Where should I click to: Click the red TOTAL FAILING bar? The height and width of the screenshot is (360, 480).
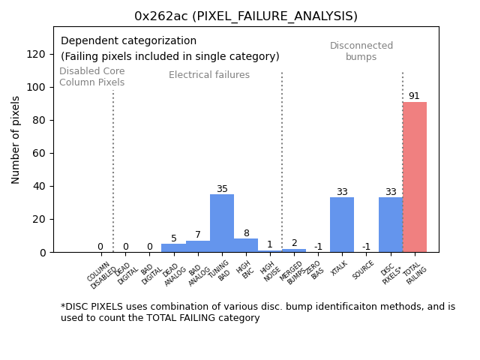pyautogui.click(x=415, y=177)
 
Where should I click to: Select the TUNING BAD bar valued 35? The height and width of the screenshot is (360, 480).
pyautogui.click(x=222, y=223)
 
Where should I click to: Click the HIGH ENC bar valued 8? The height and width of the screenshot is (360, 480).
pyautogui.click(x=246, y=245)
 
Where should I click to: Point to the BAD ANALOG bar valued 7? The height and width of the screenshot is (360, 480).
pyautogui.click(x=198, y=247)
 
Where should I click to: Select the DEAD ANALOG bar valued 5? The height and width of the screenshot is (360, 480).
pyautogui.click(x=173, y=248)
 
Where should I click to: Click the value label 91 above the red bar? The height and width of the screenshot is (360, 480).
pyautogui.click(x=414, y=96)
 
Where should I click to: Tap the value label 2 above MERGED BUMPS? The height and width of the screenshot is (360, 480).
pyautogui.click(x=294, y=243)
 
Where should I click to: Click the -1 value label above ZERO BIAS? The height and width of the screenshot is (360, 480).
pyautogui.click(x=318, y=247)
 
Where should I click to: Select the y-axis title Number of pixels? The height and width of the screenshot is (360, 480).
pyautogui.click(x=16, y=139)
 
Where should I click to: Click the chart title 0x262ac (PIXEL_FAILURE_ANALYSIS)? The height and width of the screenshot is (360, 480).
pyautogui.click(x=246, y=16)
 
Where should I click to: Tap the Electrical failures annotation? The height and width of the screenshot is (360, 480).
pyautogui.click(x=209, y=75)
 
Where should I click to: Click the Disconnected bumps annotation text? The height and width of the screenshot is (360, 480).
pyautogui.click(x=361, y=51)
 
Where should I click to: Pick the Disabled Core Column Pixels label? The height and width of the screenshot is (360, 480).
pyautogui.click(x=92, y=76)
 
